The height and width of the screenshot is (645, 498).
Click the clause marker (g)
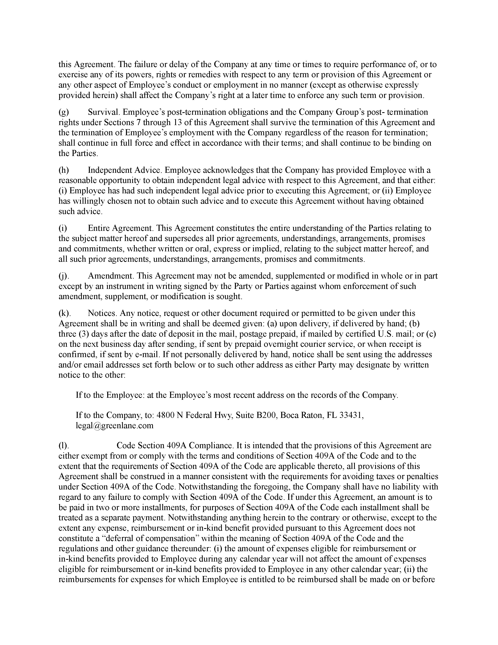coord(64,112)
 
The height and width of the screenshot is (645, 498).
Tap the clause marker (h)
coord(64,170)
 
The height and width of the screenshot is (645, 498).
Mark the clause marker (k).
coord(65,313)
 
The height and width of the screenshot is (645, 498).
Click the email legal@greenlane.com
coord(114,426)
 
